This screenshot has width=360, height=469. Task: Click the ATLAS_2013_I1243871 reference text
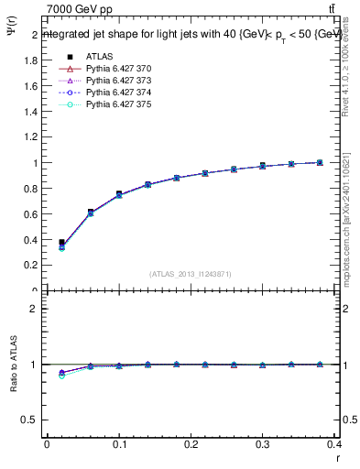(191, 275)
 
